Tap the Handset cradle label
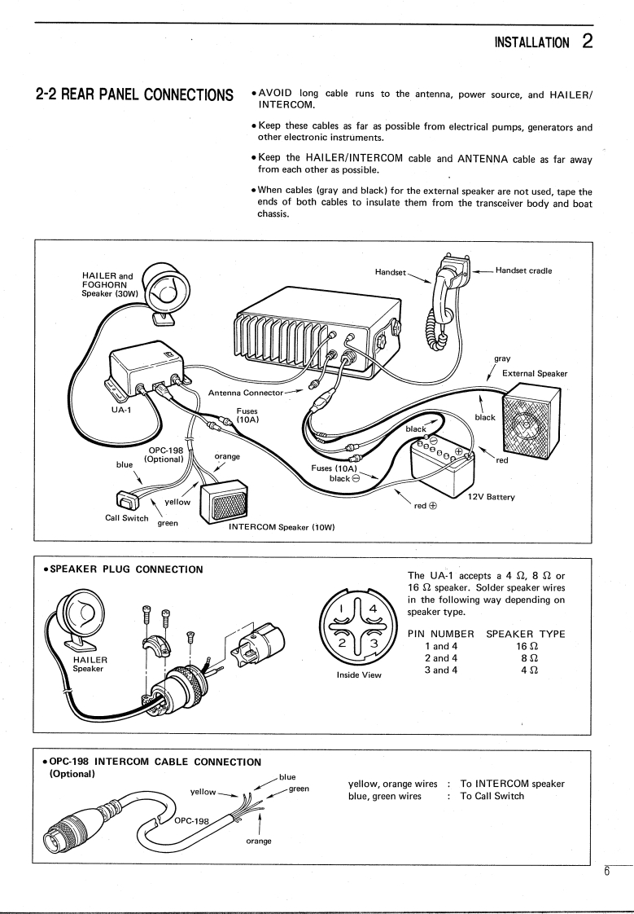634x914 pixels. [523, 270]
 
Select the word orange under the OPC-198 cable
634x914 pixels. [259, 840]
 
